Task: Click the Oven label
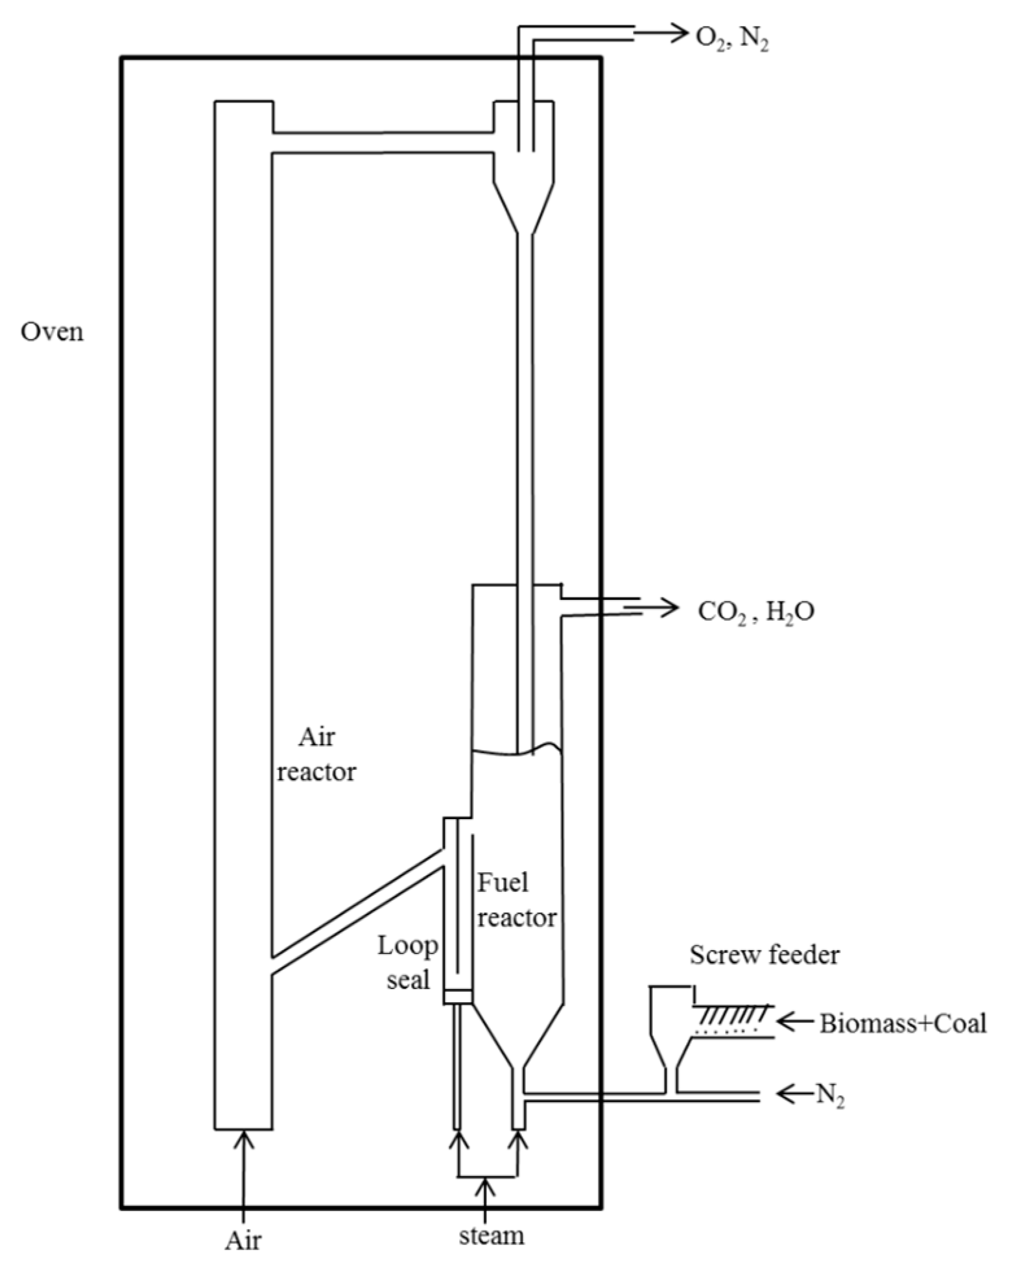tap(52, 332)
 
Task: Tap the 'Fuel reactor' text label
tap(516, 900)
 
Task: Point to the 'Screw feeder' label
tap(764, 955)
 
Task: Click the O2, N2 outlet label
tap(732, 38)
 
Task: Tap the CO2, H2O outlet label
tap(755, 612)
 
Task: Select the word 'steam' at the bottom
tap(492, 1236)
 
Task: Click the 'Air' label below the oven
tap(243, 1241)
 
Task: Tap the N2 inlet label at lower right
tap(829, 1095)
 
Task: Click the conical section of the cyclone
tap(524, 208)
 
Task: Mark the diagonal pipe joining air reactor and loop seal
tap(357, 911)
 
